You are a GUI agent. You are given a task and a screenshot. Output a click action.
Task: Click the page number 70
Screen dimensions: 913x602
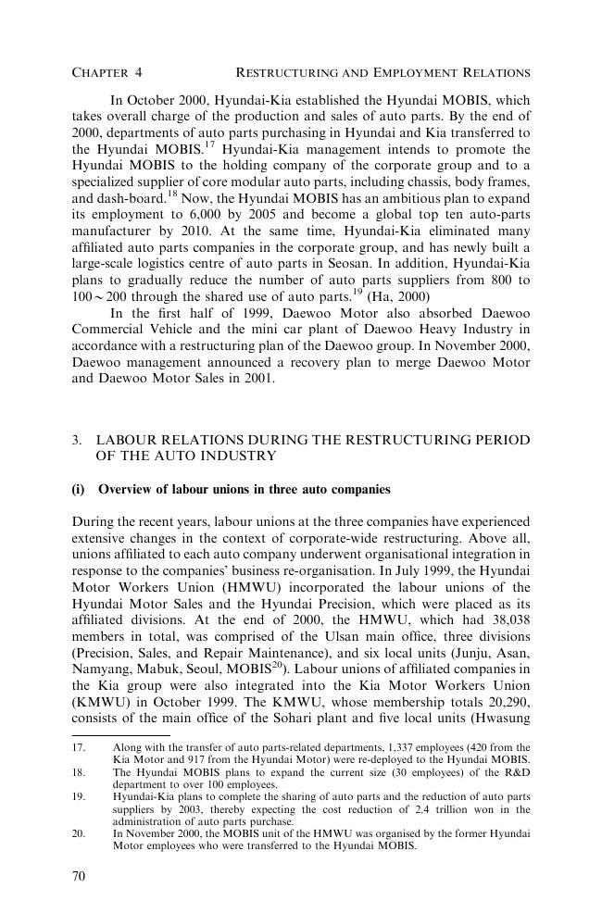point(79,875)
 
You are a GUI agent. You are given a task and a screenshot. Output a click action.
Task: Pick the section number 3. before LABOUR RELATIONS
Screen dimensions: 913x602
point(78,440)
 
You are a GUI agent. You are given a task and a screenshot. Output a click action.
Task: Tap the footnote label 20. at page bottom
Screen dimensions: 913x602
point(79,832)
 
